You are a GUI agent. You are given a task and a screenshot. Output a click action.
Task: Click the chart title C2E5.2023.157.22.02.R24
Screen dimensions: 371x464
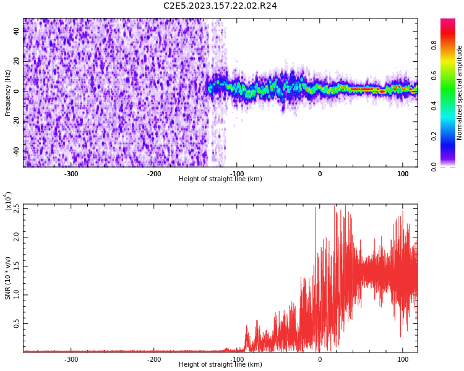(220, 6)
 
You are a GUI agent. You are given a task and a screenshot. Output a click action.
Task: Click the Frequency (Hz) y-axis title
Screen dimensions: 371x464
(8, 93)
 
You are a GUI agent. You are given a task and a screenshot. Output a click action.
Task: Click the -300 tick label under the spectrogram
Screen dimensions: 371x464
(71, 174)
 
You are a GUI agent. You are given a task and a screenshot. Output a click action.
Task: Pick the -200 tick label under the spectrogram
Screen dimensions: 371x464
(154, 174)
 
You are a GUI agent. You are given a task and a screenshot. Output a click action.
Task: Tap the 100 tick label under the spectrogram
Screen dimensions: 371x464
(402, 174)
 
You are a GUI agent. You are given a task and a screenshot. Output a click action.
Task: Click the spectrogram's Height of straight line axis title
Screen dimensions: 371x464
(220, 179)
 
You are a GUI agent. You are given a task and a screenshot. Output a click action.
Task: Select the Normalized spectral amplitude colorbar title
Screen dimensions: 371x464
(460, 93)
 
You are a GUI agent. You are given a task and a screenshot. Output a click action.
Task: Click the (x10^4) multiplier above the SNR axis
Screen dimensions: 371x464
(9, 200)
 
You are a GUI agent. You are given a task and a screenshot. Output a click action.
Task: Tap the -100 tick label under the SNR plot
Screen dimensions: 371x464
(237, 359)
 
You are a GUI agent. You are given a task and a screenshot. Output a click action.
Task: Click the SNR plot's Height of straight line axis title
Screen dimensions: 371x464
(220, 365)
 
